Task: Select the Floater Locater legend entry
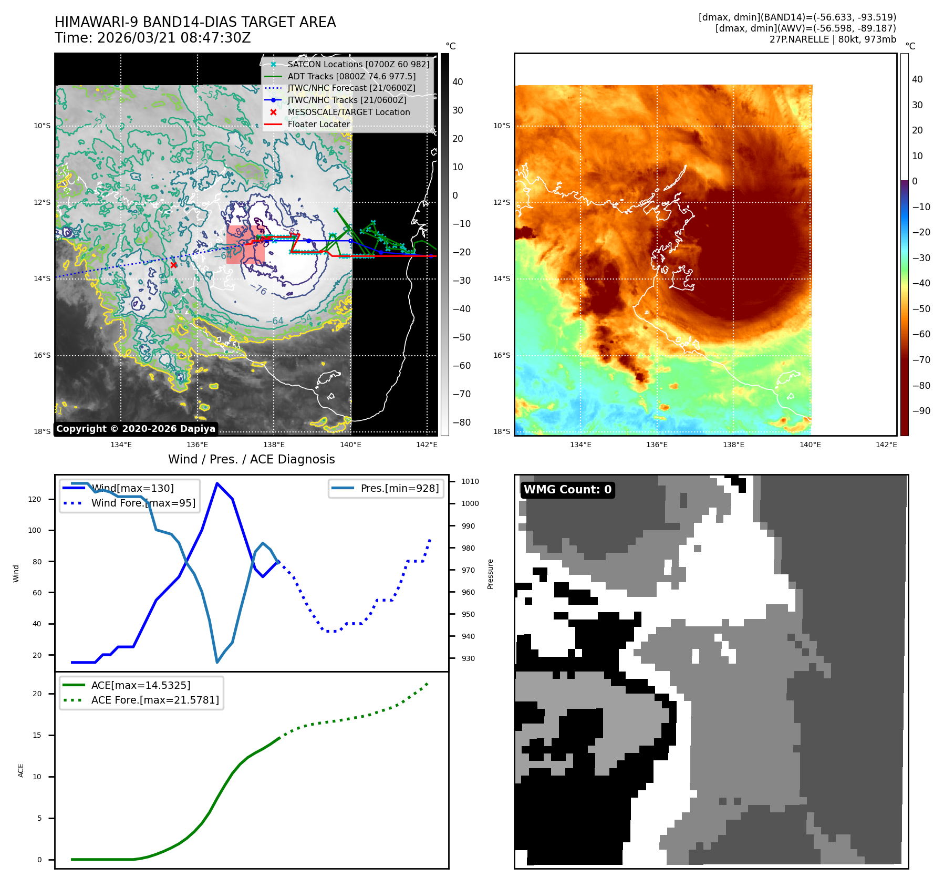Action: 318,124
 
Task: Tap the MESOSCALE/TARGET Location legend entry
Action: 348,112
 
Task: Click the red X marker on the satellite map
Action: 173,265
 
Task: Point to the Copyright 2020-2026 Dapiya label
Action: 136,429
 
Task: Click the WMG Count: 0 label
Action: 567,490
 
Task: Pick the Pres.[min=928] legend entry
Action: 399,488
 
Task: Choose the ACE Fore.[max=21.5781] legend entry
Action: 155,700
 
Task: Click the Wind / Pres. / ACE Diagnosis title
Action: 251,459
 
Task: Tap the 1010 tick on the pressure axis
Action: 470,481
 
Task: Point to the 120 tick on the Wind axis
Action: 35,499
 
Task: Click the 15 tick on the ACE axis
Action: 37,735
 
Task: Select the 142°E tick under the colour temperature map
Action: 886,445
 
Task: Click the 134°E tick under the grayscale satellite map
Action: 121,445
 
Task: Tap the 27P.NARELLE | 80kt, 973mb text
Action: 833,39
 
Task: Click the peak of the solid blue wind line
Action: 217,483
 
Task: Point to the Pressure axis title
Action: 490,574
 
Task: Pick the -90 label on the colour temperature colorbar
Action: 921,411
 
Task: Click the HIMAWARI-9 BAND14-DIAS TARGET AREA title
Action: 195,22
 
